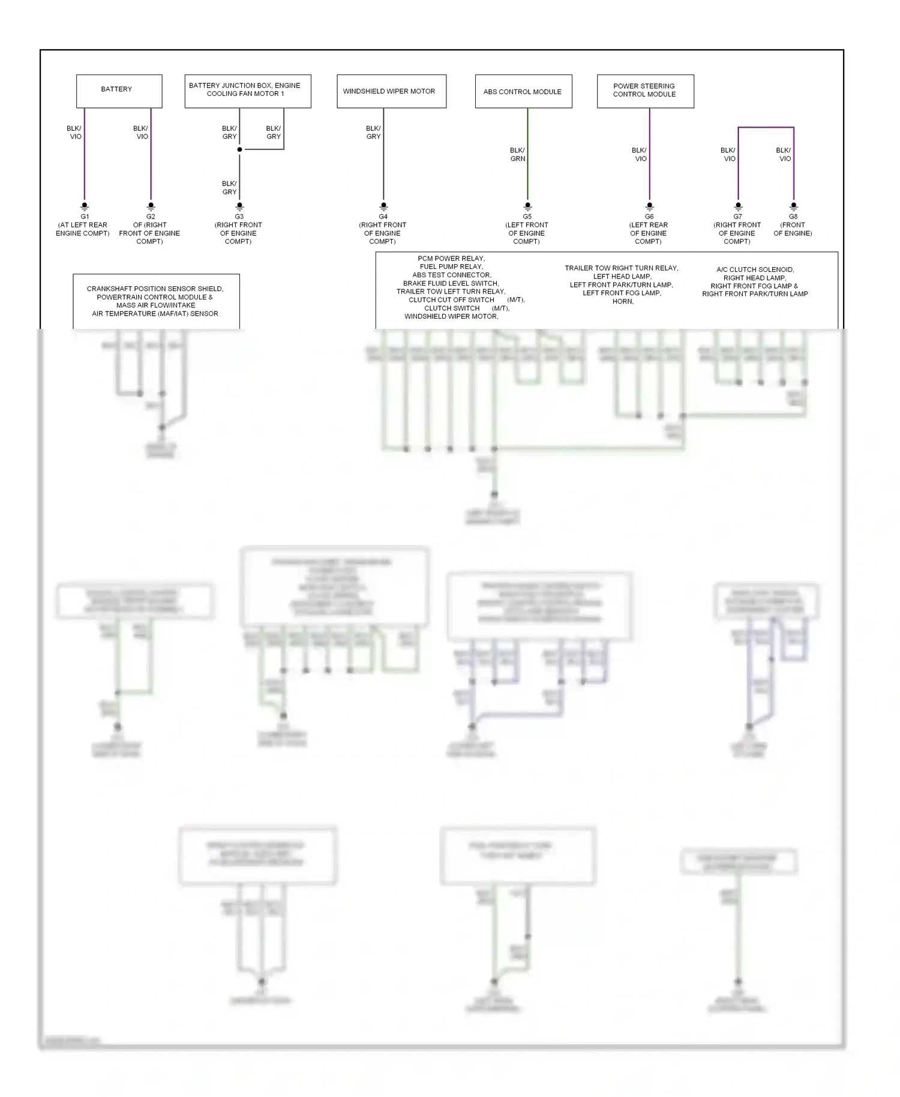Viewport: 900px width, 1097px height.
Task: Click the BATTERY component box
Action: (119, 91)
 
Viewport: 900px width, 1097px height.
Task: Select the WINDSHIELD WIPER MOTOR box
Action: (391, 91)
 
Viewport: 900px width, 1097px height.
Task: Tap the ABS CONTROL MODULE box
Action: (523, 91)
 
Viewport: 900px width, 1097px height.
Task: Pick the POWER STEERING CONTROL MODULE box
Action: (645, 91)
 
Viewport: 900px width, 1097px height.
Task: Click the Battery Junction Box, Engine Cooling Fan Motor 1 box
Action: (247, 91)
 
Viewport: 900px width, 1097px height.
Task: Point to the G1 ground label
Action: (85, 217)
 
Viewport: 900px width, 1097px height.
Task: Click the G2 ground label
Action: (151, 217)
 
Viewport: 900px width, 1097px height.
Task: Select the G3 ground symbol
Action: (239, 206)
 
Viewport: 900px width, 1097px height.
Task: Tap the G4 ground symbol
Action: (383, 206)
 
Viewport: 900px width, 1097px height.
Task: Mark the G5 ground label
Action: (527, 217)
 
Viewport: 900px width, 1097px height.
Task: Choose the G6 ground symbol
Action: (649, 206)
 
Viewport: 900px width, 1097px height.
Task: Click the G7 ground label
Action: (737, 217)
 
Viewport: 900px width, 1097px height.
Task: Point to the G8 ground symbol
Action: (793, 206)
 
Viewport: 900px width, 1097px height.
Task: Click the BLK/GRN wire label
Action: (517, 154)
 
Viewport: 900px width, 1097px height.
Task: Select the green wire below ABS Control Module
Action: (527, 174)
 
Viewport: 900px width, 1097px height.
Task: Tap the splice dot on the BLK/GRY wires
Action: (239, 149)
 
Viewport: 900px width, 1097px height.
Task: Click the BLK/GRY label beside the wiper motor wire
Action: (373, 133)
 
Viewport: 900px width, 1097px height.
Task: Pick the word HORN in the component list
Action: (623, 301)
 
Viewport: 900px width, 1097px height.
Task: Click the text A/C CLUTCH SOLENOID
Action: (755, 269)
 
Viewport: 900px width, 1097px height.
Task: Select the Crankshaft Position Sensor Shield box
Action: (156, 301)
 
